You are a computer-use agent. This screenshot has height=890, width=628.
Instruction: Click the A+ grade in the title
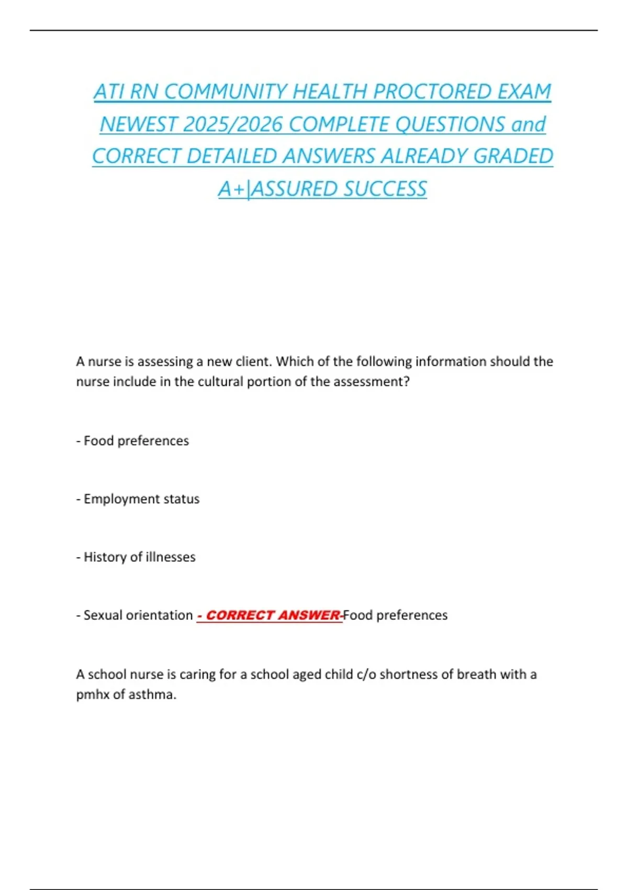coord(231,189)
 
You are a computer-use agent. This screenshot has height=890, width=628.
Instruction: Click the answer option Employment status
coord(141,499)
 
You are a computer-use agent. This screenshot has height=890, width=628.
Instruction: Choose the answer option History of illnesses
coord(139,557)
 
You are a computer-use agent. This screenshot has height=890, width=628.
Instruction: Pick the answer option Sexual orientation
coord(138,615)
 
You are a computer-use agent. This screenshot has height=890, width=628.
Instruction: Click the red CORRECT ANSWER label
coord(270,615)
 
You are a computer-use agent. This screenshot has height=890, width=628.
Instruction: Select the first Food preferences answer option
coord(136,441)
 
